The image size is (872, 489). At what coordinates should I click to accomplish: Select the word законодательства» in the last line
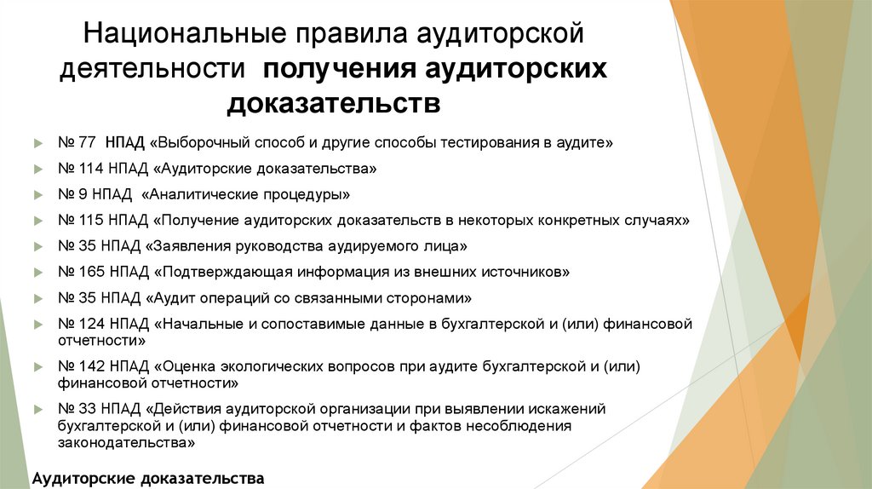tap(127, 443)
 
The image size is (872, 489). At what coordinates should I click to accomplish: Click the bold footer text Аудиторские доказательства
tap(148, 477)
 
